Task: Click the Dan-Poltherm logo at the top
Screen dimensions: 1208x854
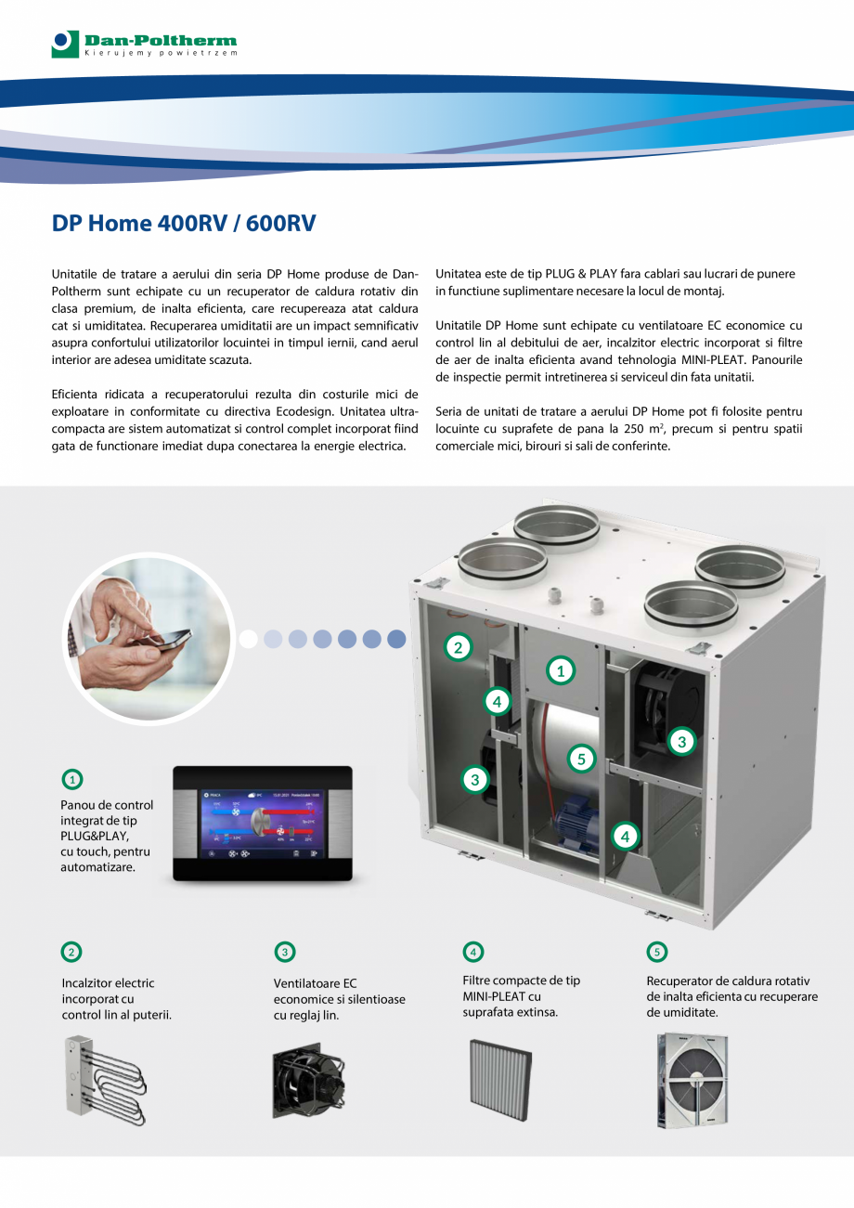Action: pos(144,44)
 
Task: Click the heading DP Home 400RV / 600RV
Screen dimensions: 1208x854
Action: pos(184,224)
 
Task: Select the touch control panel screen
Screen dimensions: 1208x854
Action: pos(262,823)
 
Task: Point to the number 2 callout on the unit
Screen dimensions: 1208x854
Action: pos(457,647)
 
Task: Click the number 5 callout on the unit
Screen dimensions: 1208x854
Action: pos(581,759)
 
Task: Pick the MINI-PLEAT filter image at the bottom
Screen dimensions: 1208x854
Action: pos(500,1079)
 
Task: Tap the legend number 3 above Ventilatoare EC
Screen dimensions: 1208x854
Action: pos(285,952)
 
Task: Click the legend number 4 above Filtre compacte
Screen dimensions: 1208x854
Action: pos(473,952)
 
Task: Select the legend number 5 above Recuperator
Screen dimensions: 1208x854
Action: pos(656,952)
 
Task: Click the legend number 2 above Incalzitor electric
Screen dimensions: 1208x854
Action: pos(71,952)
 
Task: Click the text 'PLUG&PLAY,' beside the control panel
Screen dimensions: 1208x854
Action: pos(92,836)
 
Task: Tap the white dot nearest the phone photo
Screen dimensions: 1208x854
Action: pos(248,639)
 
